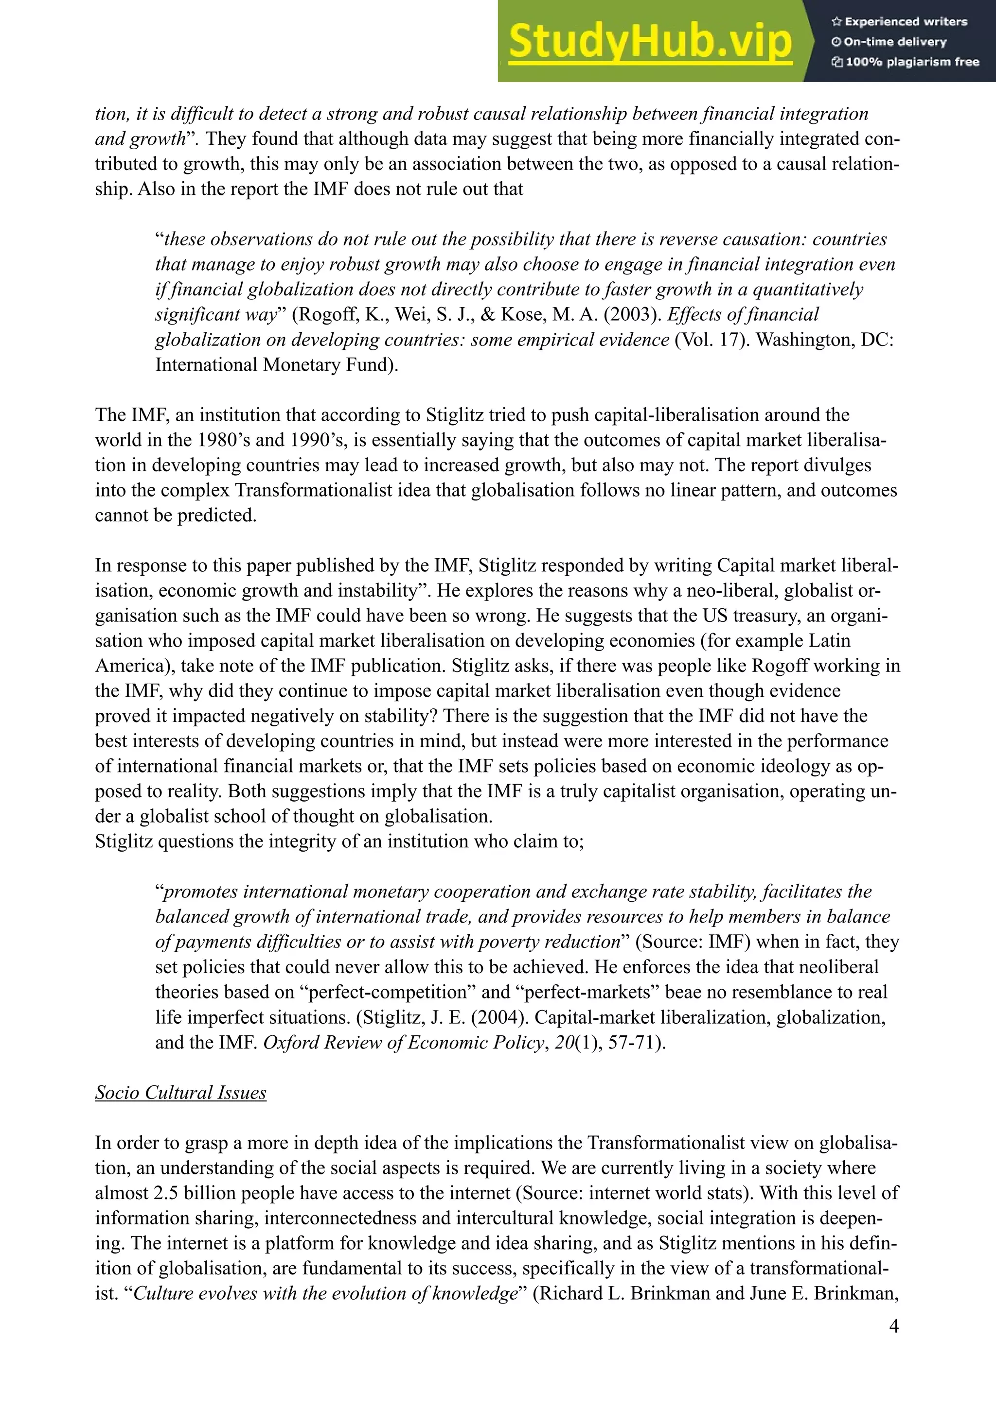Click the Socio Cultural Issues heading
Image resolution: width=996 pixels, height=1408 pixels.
click(x=180, y=1092)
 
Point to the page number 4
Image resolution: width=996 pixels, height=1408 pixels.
click(x=893, y=1326)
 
